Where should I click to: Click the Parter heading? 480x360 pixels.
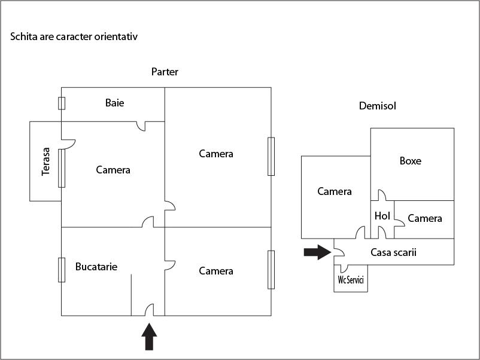point(165,72)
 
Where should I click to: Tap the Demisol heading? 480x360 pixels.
point(378,106)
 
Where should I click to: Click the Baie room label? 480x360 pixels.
point(115,103)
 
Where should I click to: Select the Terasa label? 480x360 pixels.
point(46,161)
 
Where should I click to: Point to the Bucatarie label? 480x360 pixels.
point(96,266)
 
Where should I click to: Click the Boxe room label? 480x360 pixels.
point(410,161)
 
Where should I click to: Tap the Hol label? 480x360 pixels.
point(382,216)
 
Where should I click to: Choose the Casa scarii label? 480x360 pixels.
point(393,252)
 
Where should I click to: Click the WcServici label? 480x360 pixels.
point(351,280)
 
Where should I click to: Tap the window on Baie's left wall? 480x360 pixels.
point(61,103)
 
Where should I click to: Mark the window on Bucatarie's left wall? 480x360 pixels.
point(61,269)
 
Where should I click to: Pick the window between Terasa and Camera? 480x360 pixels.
point(61,168)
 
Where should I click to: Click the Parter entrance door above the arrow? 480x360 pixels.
point(150,311)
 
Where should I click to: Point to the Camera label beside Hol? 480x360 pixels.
point(425,218)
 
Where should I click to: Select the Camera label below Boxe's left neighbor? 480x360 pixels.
point(335,191)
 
